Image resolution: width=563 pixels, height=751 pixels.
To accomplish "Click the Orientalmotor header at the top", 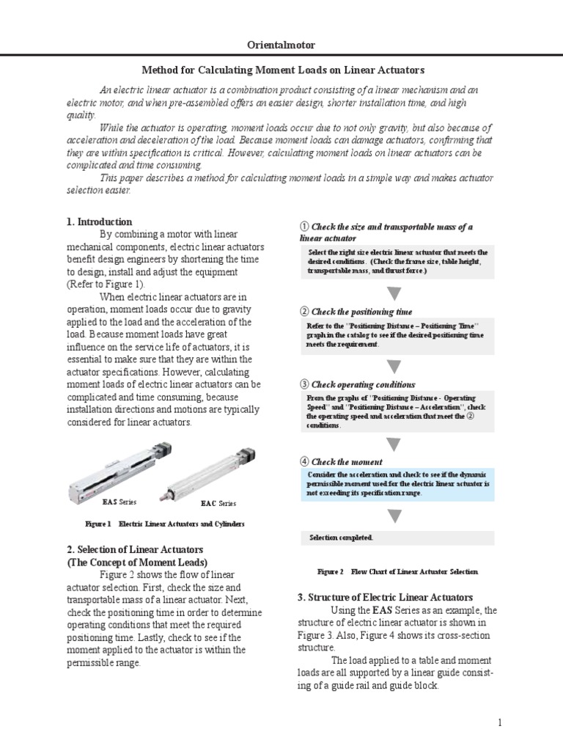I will pos(282,45).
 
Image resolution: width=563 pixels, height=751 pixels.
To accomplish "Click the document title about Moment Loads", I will pos(282,70).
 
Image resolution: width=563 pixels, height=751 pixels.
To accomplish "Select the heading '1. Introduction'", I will pos(100,221).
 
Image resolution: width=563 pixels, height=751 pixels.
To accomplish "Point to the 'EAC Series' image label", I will pos(218,504).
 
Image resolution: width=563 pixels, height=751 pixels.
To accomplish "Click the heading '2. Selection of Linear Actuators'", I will pos(135,549).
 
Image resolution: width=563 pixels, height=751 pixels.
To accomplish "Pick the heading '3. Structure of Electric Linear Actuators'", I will pos(385,597).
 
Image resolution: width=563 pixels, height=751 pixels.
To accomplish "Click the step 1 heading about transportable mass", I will pos(386,232).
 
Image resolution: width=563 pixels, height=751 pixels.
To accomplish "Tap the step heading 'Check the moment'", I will pos(341,462).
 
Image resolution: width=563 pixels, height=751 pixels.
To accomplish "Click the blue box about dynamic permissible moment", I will pos(397,484).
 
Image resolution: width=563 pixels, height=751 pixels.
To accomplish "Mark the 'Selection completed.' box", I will pos(397,538).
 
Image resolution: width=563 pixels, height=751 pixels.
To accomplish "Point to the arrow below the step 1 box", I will pos(394,294).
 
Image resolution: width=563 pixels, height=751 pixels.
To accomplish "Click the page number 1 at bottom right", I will pos(499,723).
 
